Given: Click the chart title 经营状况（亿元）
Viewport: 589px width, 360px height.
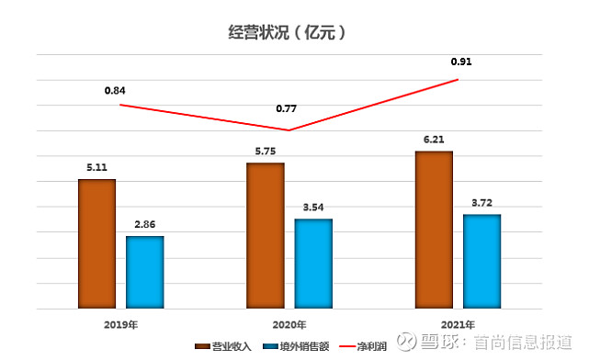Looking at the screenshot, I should (x=287, y=32).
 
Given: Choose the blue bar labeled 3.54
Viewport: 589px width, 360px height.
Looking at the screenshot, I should (x=313, y=264).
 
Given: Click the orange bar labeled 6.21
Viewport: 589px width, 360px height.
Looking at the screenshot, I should (x=434, y=230).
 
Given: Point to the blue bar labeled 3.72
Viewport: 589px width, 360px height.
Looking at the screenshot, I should (x=481, y=261).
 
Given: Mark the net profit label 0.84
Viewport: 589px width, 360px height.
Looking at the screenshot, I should (x=116, y=90).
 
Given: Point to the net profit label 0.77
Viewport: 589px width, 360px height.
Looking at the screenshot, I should (x=287, y=109).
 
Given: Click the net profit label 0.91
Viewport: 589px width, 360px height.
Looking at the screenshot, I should (x=461, y=62).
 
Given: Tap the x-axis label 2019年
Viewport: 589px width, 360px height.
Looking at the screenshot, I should (x=121, y=323).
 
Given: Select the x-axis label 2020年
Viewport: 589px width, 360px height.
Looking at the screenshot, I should (x=289, y=323).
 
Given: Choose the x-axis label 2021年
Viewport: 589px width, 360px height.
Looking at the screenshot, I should (x=458, y=323).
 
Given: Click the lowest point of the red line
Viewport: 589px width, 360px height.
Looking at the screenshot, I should (x=289, y=129).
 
